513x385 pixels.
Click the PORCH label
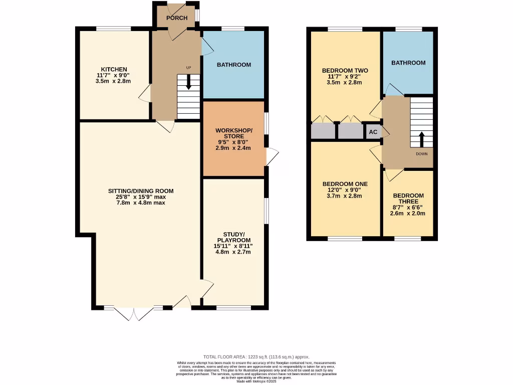177,18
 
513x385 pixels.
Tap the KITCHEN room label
114,69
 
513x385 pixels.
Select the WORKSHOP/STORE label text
234,133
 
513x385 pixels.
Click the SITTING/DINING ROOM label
141,191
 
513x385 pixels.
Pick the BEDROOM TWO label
345,71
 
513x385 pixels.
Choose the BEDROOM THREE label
408,199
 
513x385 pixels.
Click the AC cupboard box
373,132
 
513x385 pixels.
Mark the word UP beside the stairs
189,68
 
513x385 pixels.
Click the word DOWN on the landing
421,154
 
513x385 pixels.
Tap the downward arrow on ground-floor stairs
188,83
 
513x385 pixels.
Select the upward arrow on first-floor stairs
421,138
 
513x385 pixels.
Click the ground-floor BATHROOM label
233,65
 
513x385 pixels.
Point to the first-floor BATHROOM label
408,63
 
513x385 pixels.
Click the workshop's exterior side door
272,156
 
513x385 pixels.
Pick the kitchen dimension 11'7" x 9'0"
114,75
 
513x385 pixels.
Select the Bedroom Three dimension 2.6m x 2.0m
408,213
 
